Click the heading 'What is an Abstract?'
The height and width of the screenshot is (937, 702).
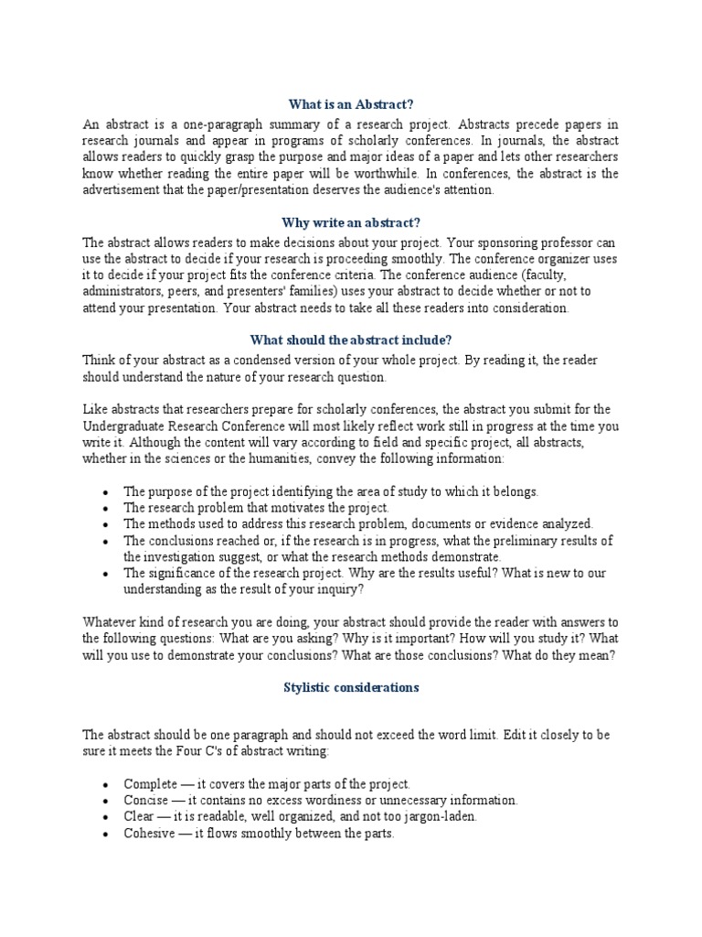(x=351, y=104)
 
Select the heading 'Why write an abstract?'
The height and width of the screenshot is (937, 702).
(x=351, y=222)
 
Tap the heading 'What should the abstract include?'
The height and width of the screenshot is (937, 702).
(x=351, y=340)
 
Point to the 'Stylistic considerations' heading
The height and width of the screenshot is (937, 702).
(x=351, y=687)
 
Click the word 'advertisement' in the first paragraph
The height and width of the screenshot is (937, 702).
(x=121, y=190)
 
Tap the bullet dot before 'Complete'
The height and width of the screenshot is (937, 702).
(x=106, y=785)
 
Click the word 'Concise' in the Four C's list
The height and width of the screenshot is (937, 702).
(x=145, y=801)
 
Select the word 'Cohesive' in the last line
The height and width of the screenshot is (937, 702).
(x=149, y=834)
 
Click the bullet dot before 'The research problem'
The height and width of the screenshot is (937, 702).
(x=106, y=508)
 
